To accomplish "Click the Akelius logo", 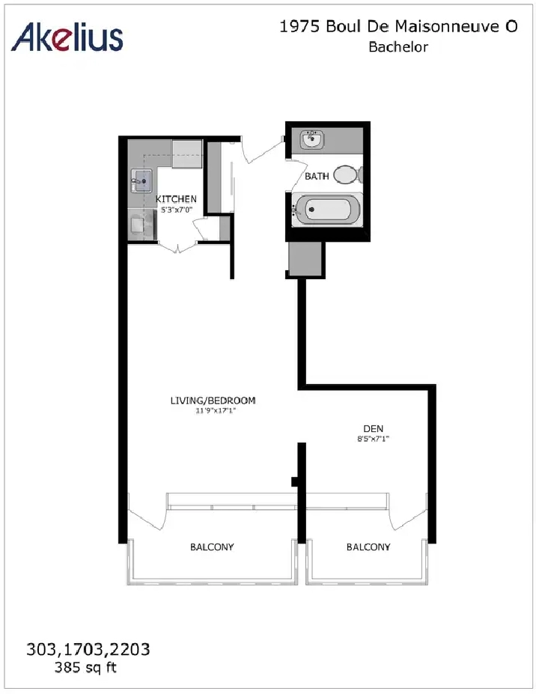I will [68, 36].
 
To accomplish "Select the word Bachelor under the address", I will [398, 47].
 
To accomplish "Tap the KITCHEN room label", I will [176, 199].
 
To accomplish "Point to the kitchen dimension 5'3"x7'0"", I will [177, 210].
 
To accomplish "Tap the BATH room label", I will [317, 177].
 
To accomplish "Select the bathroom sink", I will [312, 140].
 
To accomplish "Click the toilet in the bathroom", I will [346, 175].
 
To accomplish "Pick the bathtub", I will [327, 209].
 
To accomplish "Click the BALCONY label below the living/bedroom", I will [211, 547].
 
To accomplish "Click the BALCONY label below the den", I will [368, 547].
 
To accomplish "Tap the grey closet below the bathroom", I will [305, 258].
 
